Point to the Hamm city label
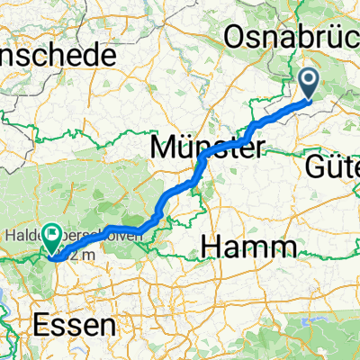250,245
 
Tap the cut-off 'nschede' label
58,55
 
